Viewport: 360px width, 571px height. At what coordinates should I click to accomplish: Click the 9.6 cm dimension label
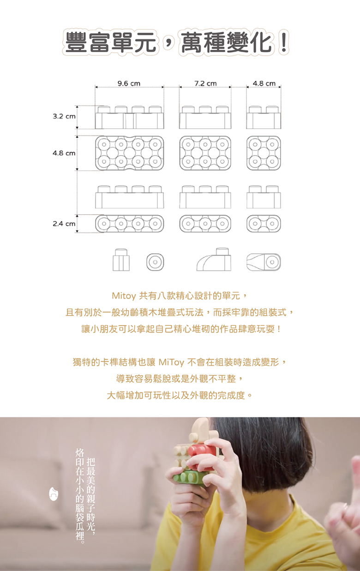pyautogui.click(x=129, y=84)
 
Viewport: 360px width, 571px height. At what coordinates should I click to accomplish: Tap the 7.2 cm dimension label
pyautogui.click(x=205, y=84)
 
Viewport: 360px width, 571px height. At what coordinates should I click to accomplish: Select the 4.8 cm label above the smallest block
pyautogui.click(x=264, y=84)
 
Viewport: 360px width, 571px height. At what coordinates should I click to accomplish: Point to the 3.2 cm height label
pyautogui.click(x=64, y=116)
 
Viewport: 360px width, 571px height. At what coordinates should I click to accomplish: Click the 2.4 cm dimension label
pyautogui.click(x=64, y=224)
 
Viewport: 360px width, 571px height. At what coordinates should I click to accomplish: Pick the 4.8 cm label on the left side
pyautogui.click(x=64, y=153)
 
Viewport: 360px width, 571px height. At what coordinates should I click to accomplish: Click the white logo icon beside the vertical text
pyautogui.click(x=53, y=494)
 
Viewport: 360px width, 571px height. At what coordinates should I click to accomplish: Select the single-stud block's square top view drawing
pyautogui.click(x=155, y=262)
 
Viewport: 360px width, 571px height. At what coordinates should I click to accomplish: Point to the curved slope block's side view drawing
pyautogui.click(x=214, y=259)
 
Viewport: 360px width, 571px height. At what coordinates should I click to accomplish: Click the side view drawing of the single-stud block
pyautogui.click(x=121, y=259)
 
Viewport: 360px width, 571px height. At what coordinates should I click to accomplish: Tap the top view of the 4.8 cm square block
pyautogui.click(x=264, y=153)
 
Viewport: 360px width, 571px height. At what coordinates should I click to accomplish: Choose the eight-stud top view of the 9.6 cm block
pyautogui.click(x=130, y=153)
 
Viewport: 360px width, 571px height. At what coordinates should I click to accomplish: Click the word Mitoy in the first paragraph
pyautogui.click(x=124, y=296)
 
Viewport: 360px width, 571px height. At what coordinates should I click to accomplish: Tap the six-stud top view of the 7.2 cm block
pyautogui.click(x=205, y=153)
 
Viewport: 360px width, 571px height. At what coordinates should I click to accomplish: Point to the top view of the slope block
pyautogui.click(x=264, y=262)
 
